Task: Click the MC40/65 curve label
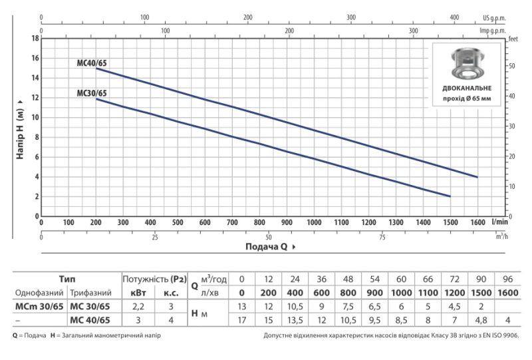tap(92, 63)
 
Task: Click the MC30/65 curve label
tap(92, 93)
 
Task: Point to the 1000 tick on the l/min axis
tap(314, 222)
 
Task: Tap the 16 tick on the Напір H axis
tap(36, 58)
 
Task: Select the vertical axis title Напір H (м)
tap(20, 129)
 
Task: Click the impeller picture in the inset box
tap(467, 63)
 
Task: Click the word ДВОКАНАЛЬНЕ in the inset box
tap(467, 89)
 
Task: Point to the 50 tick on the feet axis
tap(512, 66)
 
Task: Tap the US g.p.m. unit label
tap(494, 18)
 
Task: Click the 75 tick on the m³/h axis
tap(382, 237)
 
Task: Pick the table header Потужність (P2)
tap(154, 279)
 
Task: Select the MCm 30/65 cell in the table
tap(39, 306)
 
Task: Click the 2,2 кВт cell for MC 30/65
tap(138, 306)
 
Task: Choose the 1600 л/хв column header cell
tap(507, 293)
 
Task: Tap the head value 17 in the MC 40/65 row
tap(241, 320)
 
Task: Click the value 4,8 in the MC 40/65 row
tap(481, 320)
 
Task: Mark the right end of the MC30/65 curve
tap(450, 196)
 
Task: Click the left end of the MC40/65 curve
tap(96, 69)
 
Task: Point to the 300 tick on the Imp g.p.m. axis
tap(413, 31)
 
